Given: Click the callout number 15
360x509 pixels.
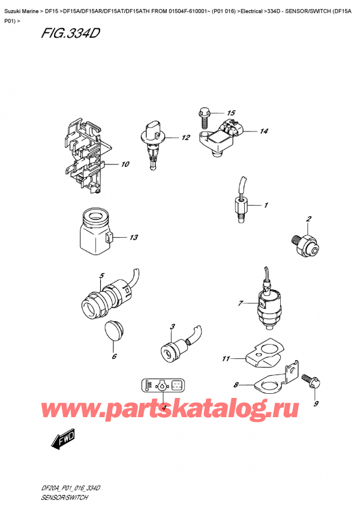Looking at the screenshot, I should point(231,113).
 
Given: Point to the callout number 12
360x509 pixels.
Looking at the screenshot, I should point(185,137).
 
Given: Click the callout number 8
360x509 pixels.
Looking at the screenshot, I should point(236,385).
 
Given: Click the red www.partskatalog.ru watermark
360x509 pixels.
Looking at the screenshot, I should point(180,410).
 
